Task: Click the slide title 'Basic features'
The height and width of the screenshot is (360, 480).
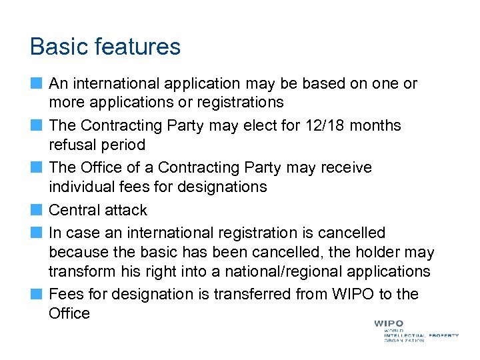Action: pyautogui.click(x=105, y=47)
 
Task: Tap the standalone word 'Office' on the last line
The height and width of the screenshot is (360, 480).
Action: pyautogui.click(x=69, y=313)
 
